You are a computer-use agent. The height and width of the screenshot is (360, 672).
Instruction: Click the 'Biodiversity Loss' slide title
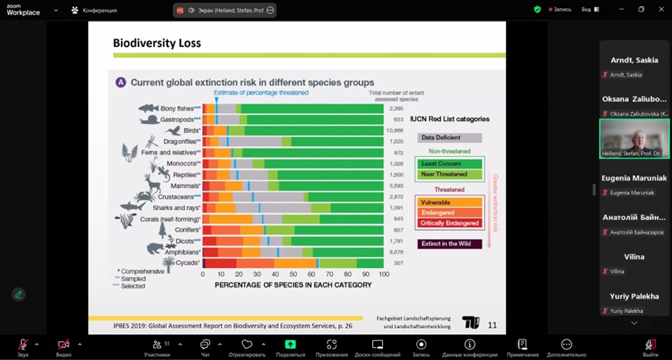[x=157, y=43]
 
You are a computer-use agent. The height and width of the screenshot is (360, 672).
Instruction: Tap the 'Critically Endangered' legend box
[x=450, y=223]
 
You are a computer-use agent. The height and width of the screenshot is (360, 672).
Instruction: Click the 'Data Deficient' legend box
[x=450, y=138]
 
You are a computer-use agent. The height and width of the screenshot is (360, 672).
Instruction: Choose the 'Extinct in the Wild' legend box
[x=450, y=244]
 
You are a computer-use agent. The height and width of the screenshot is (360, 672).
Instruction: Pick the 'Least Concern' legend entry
[x=450, y=164]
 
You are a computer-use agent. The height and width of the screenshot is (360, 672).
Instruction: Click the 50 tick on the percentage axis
[x=293, y=274]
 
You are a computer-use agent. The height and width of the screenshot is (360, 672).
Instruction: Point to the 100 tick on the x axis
[x=384, y=274]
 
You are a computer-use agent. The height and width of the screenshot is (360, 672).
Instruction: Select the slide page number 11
[x=492, y=325]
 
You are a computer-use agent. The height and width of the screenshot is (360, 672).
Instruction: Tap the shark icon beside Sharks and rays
[x=133, y=205]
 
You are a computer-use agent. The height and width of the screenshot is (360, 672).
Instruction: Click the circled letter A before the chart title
[x=120, y=82]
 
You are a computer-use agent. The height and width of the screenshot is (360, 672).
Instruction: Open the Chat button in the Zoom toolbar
[x=205, y=347]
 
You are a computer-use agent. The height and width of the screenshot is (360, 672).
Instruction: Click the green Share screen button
[x=290, y=347]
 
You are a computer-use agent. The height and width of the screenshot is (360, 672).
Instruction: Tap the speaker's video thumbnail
[x=634, y=138]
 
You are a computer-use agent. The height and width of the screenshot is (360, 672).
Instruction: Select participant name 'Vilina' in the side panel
[x=634, y=257]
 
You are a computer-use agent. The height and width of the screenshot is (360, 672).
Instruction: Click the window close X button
[x=661, y=9]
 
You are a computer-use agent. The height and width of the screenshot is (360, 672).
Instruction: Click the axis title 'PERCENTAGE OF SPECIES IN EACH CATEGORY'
[x=293, y=285]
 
